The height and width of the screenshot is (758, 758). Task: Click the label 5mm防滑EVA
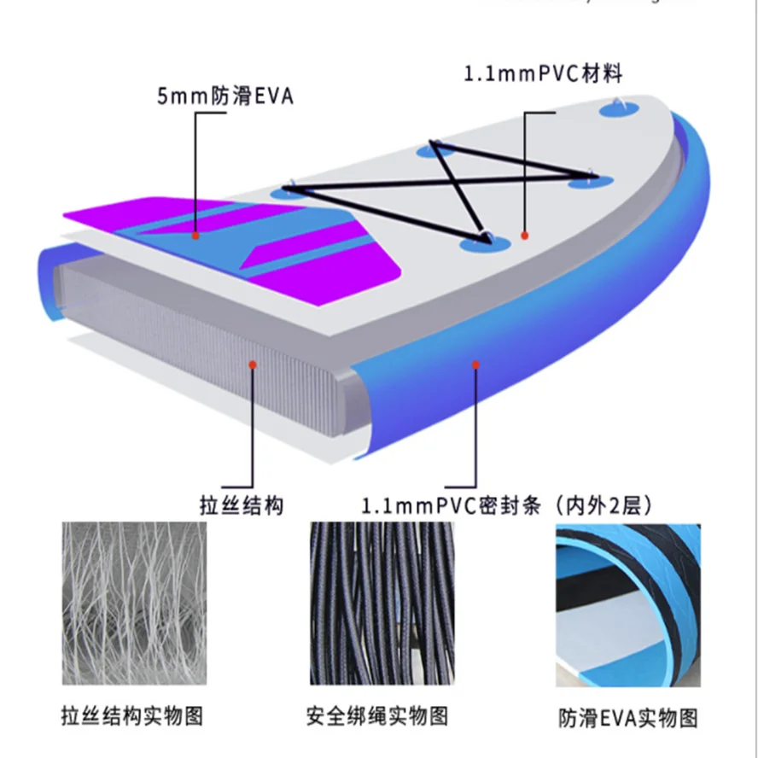pos(224,96)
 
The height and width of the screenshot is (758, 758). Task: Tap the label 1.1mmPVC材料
pos(543,73)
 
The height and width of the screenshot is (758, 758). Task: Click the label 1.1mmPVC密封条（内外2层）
pos(509,505)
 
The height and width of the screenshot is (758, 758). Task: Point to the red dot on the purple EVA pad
pos(195,235)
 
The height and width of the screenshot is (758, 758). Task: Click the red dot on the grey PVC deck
pos(525,235)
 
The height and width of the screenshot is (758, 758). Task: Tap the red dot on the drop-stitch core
pos(253,364)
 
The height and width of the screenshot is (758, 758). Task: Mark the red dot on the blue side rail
pos(475,364)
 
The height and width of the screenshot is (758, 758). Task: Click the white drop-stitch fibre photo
pos(134,603)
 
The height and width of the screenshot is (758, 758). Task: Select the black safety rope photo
pos(378,603)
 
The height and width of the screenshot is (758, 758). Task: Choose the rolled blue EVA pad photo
pos(627,603)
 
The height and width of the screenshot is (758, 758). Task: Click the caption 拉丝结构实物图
pos(133,714)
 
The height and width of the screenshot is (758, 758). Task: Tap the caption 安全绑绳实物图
pos(376,714)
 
